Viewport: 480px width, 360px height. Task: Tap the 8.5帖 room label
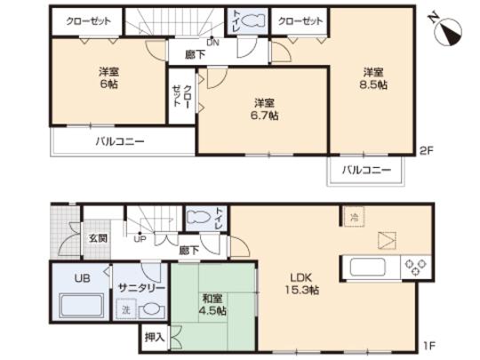point(373,78)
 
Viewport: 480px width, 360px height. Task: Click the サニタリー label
point(138,289)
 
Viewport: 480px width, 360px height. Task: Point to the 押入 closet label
point(154,339)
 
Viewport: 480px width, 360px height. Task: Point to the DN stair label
point(212,42)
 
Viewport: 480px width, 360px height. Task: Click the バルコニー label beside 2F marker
point(366,170)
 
